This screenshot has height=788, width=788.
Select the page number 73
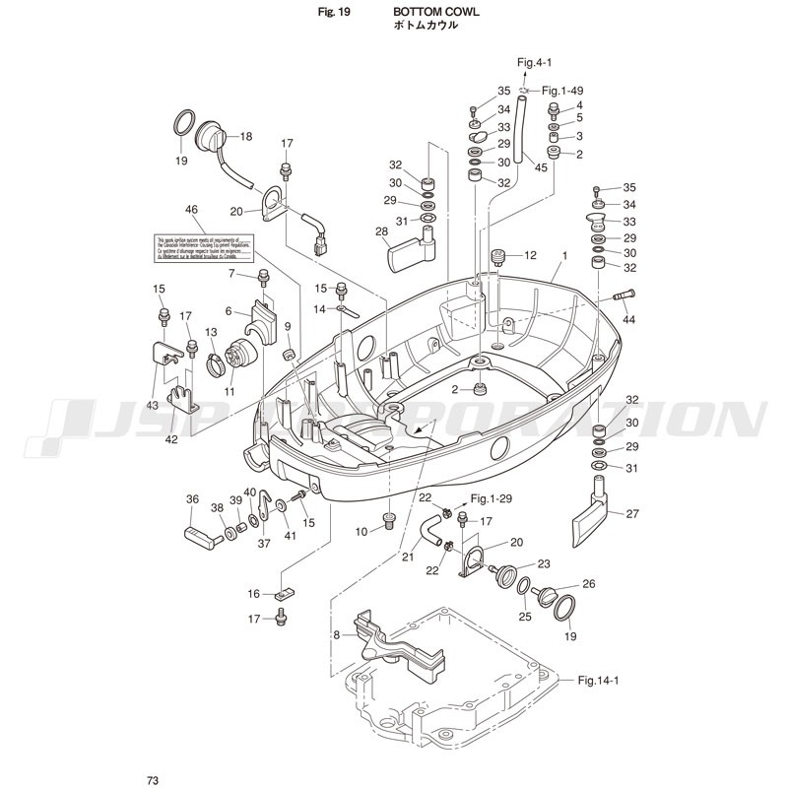tap(153, 781)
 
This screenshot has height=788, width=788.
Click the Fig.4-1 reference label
tap(536, 62)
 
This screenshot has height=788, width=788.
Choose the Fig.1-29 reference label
tap(493, 498)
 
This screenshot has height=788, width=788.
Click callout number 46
tap(191, 209)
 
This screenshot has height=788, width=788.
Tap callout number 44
tap(629, 321)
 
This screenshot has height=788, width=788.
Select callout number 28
tap(381, 230)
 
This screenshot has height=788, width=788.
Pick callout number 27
tap(632, 513)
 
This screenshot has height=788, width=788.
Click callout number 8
tap(336, 635)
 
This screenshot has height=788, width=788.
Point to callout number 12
tap(529, 255)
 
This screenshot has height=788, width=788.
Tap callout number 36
tap(192, 499)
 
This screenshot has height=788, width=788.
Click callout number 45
tap(541, 167)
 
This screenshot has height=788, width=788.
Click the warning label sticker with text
tap(205, 246)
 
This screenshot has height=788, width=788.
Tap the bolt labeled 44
tap(624, 294)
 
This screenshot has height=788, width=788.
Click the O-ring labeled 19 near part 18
tap(182, 124)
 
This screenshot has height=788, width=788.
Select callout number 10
tap(361, 532)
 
